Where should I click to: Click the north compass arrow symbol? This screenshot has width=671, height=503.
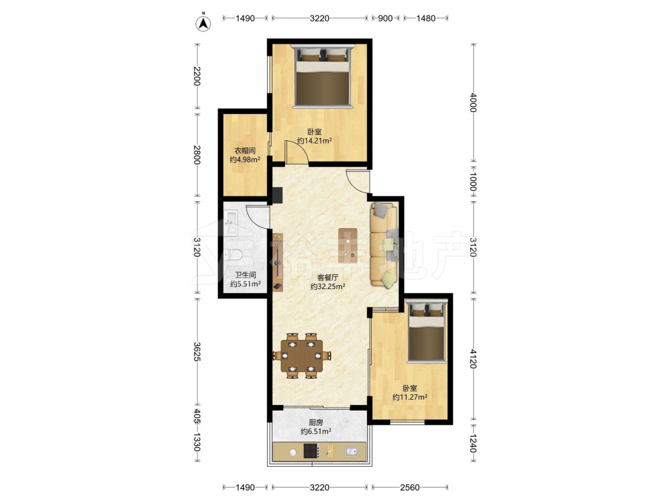click(x=203, y=23)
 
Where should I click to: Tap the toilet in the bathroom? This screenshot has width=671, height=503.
click(x=234, y=256)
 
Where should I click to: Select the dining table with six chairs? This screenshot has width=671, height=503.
click(x=302, y=355)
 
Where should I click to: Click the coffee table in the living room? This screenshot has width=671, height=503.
click(x=348, y=245)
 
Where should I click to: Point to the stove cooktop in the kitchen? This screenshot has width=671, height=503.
click(x=311, y=451)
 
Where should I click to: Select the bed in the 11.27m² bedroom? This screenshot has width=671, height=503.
click(x=426, y=331)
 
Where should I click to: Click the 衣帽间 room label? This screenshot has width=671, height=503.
click(x=245, y=150)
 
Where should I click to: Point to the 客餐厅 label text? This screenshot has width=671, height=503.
click(x=328, y=277)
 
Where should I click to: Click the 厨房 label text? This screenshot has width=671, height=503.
click(x=316, y=423)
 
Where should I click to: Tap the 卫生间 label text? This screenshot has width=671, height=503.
click(x=245, y=275)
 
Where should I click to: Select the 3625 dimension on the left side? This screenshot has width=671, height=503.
click(x=197, y=351)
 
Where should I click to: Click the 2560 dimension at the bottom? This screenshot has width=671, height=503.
click(x=409, y=487)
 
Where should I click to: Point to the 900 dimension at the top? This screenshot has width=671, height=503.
click(x=385, y=18)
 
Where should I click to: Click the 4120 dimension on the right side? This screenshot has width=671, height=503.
click(x=472, y=358)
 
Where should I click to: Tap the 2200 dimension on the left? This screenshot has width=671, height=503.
click(x=197, y=76)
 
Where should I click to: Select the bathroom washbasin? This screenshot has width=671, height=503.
click(x=231, y=223)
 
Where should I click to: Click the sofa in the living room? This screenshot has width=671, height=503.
click(x=384, y=245)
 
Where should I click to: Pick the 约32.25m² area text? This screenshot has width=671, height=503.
click(x=328, y=286)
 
